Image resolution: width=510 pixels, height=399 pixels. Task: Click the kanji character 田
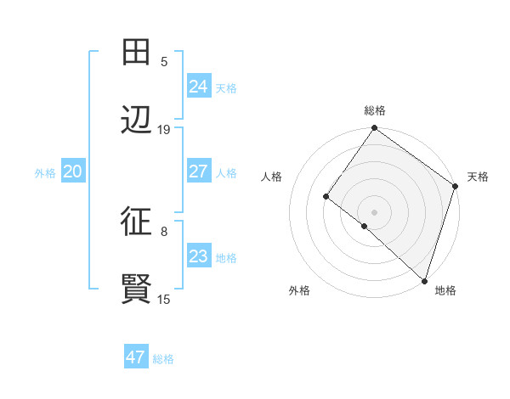coord(136,52)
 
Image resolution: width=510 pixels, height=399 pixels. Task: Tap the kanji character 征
coord(136,222)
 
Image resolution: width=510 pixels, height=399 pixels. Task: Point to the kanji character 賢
coord(136,289)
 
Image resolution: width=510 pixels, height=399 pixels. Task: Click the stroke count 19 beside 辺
coord(164,130)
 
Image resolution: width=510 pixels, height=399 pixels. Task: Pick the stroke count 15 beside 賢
coord(164,299)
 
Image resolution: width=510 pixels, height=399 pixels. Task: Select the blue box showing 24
coord(198,86)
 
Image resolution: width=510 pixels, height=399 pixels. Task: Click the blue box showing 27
coord(198,171)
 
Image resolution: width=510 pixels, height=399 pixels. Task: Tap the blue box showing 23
coord(198,256)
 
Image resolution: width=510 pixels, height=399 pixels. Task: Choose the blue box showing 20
coord(72,171)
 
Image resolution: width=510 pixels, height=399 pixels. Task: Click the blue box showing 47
coord(135,357)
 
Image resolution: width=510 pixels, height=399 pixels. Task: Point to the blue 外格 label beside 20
coord(45,173)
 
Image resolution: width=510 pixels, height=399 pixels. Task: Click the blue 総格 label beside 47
coord(163,359)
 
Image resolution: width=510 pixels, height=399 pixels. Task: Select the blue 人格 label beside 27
coord(226,173)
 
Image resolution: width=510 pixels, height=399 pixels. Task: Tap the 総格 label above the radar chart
coord(375,111)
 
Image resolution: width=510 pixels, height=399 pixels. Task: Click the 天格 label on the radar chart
coord(478,177)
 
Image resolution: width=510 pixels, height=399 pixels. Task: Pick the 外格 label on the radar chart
coord(299,290)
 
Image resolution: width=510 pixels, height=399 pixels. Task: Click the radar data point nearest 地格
coord(423,279)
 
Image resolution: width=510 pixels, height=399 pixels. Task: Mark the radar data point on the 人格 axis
coord(326,197)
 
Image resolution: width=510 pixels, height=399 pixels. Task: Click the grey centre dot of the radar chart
coord(374,211)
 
